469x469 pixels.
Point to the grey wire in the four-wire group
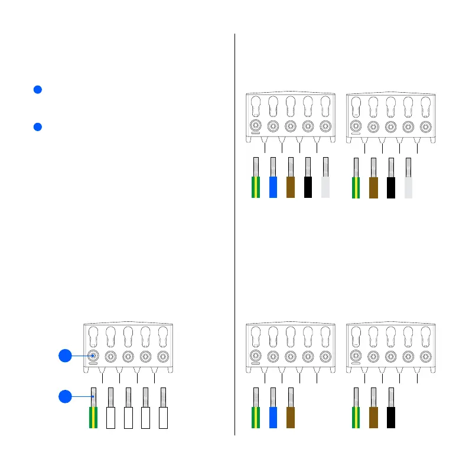point(408,186)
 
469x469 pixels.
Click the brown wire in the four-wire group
point(373,186)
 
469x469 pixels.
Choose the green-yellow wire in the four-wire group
point(356,186)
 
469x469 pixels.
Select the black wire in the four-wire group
point(390,186)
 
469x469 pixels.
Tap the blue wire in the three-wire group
point(273,416)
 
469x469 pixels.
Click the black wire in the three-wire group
point(390,416)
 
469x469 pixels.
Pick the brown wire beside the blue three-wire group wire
point(290,416)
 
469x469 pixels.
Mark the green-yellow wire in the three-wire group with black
point(356,416)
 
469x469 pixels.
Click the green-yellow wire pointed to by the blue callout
point(93,416)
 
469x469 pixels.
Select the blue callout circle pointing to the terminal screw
point(65,356)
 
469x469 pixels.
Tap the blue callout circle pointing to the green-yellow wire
point(65,396)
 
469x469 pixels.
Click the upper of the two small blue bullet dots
point(37,90)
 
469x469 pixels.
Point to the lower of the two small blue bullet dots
point(37,127)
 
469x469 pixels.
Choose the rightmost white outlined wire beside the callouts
point(163,416)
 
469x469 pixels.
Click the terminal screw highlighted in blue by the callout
point(93,356)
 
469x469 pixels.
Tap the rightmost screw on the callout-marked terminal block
point(163,356)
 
